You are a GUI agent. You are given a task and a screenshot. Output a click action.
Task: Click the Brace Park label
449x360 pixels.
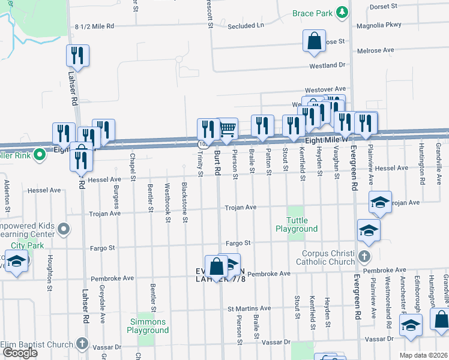coord(312,13)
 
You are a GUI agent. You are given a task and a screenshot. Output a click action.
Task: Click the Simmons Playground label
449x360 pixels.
coord(149,326)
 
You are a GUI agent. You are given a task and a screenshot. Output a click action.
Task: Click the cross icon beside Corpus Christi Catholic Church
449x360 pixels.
coord(363,257)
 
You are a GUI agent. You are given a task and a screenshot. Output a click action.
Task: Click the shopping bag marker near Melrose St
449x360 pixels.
coord(314,41)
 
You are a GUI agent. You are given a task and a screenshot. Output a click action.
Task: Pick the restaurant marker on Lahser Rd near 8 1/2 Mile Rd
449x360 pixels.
coord(78,56)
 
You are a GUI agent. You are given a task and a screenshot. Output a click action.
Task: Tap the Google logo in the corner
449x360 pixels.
coord(20,353)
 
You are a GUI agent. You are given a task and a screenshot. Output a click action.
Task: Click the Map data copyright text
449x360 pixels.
coord(423,355)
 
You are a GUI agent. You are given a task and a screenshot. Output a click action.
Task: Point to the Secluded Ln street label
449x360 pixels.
coord(246,26)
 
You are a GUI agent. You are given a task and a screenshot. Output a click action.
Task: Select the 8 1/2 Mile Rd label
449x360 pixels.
coord(95,27)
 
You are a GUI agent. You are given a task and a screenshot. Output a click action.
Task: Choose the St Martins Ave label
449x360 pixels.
coord(249,308)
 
